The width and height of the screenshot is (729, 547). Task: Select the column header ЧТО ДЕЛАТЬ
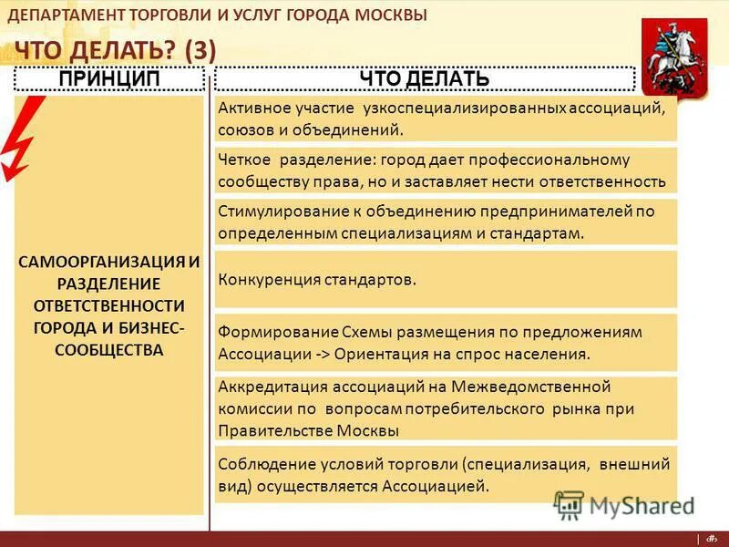click(424, 79)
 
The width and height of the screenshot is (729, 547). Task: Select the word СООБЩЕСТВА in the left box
click(109, 349)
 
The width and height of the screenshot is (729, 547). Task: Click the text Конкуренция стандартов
click(317, 279)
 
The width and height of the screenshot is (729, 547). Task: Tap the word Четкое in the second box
click(244, 160)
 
